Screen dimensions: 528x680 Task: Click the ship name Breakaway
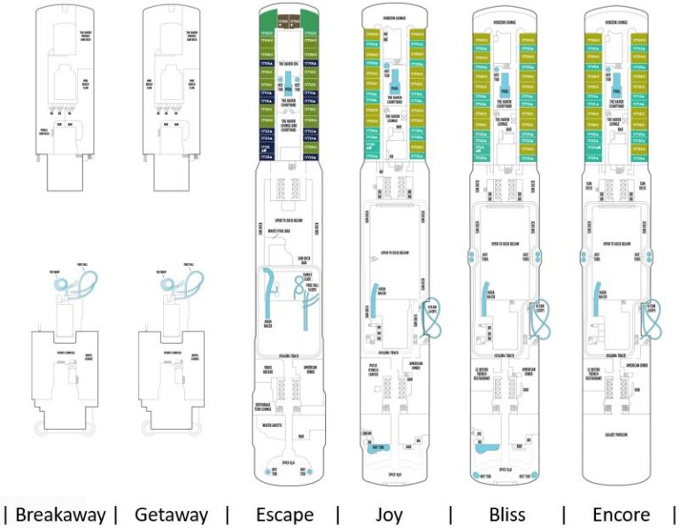pos(61,514)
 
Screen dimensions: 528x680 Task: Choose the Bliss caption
pos(507,514)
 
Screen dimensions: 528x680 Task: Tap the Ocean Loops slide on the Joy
pos(431,322)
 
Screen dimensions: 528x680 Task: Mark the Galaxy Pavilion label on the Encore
pos(616,409)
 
